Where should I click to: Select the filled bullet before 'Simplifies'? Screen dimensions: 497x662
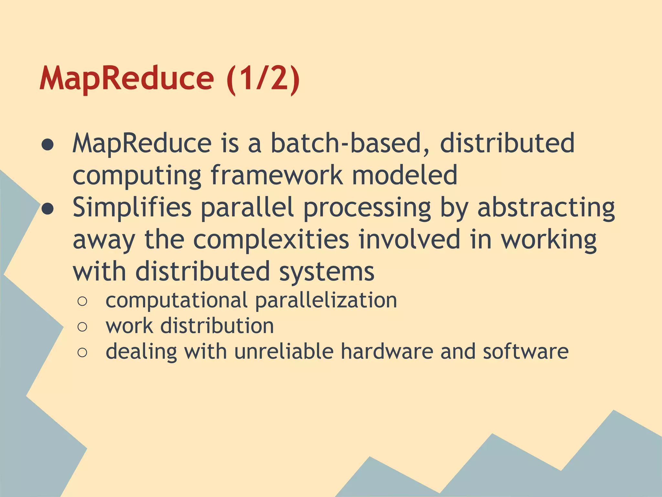48,209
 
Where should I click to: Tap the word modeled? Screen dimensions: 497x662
404,175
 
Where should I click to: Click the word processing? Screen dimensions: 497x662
367,209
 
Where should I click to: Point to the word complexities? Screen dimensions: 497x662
271,239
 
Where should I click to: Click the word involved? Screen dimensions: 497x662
409,239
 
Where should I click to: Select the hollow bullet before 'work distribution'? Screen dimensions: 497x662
82,327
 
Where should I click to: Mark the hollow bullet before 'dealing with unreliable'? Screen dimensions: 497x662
82,352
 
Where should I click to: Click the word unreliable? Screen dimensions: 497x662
284,351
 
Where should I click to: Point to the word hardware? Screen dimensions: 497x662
387,351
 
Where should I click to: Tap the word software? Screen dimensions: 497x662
526,351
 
